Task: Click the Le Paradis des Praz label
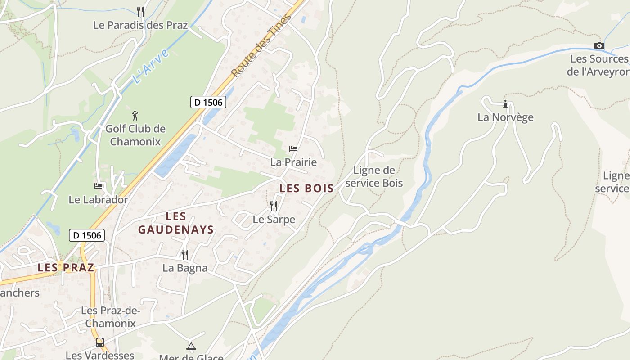(x=140, y=25)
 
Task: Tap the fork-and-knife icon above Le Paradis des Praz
(x=140, y=11)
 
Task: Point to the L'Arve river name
(x=151, y=67)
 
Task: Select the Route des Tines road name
(x=261, y=45)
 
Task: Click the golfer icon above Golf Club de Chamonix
(x=135, y=116)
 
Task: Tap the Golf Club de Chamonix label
(x=135, y=135)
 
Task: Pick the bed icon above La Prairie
(x=293, y=148)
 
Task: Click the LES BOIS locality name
(x=306, y=189)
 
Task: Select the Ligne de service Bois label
(x=374, y=176)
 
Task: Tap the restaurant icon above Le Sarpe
(x=274, y=206)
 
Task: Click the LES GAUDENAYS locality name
(x=175, y=223)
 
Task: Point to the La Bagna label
(x=185, y=268)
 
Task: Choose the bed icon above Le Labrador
(x=98, y=186)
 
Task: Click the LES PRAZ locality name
(x=66, y=268)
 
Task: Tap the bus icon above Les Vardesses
(x=100, y=342)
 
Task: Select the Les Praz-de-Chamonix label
(x=111, y=317)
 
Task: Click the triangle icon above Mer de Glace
(x=191, y=346)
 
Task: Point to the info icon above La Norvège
(x=505, y=104)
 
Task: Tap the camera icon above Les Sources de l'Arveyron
(x=599, y=45)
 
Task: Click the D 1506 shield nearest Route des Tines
(x=208, y=103)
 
